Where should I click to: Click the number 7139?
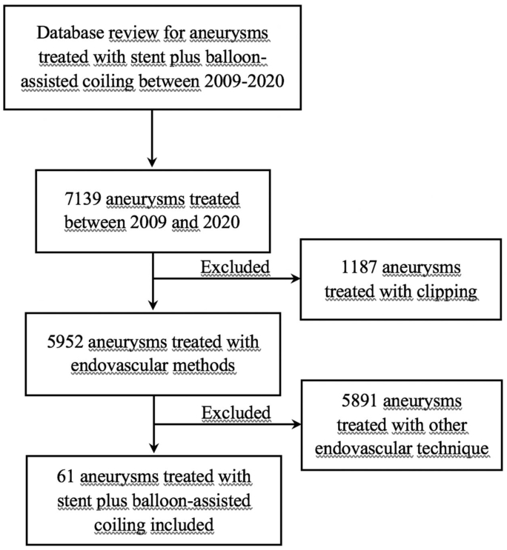pyautogui.click(x=83, y=198)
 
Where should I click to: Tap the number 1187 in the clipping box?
pyautogui.click(x=359, y=267)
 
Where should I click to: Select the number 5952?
pyautogui.click(x=65, y=342)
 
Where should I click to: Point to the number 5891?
pyautogui.click(x=359, y=400)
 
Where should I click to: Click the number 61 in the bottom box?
pyautogui.click(x=65, y=477)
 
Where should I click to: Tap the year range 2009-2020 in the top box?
pyautogui.click(x=244, y=81)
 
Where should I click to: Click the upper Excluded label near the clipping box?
pyautogui.click(x=235, y=267)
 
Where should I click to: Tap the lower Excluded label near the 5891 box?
pyautogui.click(x=236, y=413)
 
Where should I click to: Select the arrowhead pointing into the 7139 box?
pyautogui.click(x=152, y=161)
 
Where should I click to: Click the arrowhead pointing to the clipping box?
pyautogui.click(x=295, y=279)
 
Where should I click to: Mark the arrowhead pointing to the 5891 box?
pyautogui.click(x=296, y=424)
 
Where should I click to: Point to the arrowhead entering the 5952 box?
pyautogui.click(x=153, y=304)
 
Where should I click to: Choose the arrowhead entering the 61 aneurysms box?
pyautogui.click(x=154, y=448)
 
